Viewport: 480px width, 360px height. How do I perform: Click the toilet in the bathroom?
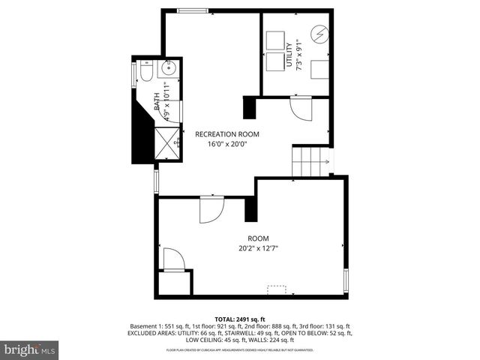(x=145, y=73)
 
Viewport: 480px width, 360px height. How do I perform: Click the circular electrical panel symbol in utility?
(x=319, y=34)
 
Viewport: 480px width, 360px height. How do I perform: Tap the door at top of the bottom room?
(x=211, y=209)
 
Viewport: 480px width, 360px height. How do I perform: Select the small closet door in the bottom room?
(x=172, y=259)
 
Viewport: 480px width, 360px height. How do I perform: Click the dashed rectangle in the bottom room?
(x=278, y=288)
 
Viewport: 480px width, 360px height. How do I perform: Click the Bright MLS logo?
(x=30, y=349)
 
